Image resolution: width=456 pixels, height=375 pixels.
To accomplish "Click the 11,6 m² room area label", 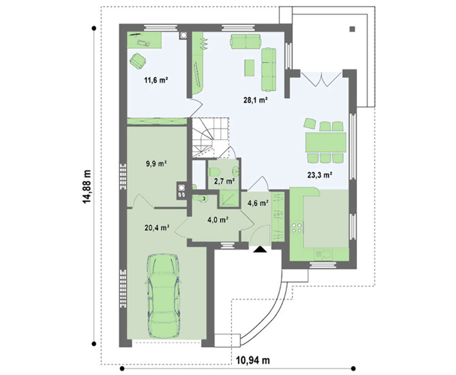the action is [x=156, y=80].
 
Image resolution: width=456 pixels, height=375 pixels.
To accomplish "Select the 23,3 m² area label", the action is [x=320, y=175].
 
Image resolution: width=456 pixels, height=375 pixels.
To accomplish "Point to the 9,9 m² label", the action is [x=156, y=164].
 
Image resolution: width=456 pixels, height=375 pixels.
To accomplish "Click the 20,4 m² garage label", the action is [x=157, y=228].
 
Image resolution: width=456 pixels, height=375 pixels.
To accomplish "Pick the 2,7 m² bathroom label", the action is [x=224, y=181].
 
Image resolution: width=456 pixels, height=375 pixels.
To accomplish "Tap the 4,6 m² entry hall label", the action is [x=258, y=203].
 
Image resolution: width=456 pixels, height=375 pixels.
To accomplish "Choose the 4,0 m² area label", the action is [x=218, y=219].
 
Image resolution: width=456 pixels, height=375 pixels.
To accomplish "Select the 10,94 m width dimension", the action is [x=253, y=360].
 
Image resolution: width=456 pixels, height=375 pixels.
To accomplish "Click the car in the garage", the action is [x=163, y=296].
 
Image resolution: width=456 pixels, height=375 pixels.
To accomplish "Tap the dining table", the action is [x=326, y=142].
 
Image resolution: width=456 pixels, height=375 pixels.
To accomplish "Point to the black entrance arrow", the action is [x=259, y=250].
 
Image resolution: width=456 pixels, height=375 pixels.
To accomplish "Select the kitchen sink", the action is [x=323, y=255].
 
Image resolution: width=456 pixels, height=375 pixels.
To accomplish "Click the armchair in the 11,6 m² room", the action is [x=138, y=61].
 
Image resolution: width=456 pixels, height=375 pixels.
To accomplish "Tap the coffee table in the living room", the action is [x=249, y=68].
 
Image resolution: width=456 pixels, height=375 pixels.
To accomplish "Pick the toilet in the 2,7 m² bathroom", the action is [x=213, y=171].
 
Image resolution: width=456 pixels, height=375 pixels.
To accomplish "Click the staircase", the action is [x=210, y=137].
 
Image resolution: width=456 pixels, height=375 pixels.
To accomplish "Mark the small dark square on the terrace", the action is [x=352, y=29].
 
